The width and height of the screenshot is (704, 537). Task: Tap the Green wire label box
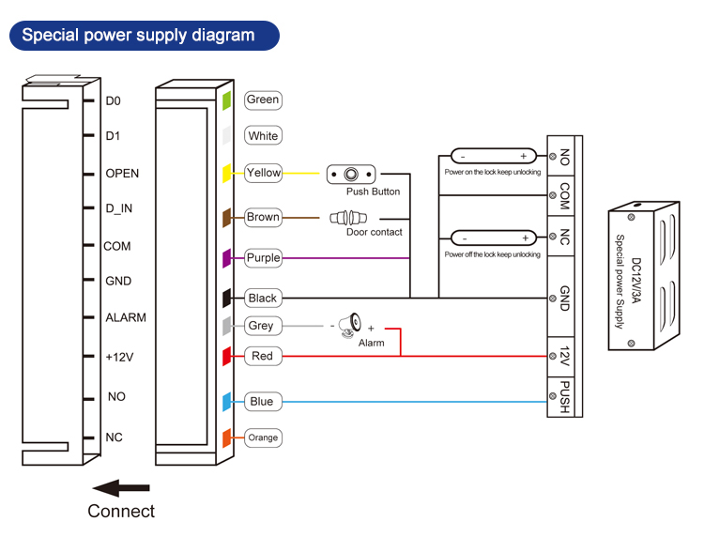[263, 100]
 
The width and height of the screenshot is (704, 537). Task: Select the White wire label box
[263, 136]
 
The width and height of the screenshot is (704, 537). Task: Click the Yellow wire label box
[263, 173]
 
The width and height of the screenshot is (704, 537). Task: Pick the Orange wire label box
[263, 437]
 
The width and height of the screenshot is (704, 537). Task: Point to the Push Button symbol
[351, 174]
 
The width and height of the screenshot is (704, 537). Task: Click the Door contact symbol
[349, 218]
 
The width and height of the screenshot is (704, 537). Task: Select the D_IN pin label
[118, 208]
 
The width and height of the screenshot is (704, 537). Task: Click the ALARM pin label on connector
[125, 317]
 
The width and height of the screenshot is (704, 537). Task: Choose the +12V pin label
[119, 357]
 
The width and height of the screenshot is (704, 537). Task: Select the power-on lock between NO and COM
[493, 156]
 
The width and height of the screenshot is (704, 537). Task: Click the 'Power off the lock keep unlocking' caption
[493, 254]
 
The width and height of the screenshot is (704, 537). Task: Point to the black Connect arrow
[121, 487]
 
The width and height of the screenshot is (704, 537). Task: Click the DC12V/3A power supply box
[643, 277]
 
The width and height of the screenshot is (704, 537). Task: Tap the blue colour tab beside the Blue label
[226, 402]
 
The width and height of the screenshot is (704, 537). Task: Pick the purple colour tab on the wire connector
[226, 257]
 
